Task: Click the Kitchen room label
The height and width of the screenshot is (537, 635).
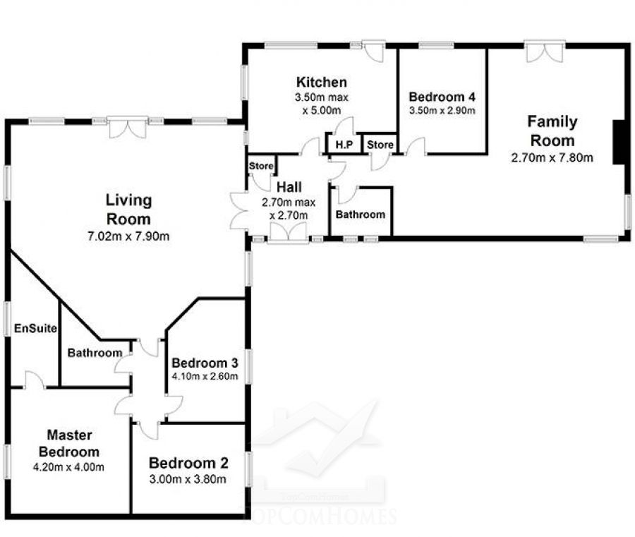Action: [322, 83]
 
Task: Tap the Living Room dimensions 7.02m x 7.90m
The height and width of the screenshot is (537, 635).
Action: [128, 236]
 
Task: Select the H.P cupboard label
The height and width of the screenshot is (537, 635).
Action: [344, 145]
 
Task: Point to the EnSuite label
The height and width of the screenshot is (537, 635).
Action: [35, 328]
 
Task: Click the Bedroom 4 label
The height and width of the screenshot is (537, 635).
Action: [442, 97]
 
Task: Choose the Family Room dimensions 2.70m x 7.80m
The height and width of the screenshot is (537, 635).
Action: [552, 157]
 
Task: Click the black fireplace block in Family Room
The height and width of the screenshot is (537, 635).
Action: [618, 142]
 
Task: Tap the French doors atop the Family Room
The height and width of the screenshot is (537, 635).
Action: [545, 52]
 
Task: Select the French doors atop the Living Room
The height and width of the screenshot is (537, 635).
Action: [128, 128]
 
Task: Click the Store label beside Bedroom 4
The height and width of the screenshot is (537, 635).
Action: [380, 145]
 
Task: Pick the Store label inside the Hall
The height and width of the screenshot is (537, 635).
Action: [261, 166]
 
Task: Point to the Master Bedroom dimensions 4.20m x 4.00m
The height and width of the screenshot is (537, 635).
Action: [68, 467]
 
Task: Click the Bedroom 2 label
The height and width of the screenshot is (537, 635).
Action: [188, 463]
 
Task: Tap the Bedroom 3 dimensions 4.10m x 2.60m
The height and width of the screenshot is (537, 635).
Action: [205, 376]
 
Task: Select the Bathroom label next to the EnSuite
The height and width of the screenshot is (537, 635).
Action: [95, 353]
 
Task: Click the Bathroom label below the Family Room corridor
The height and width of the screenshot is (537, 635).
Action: [360, 215]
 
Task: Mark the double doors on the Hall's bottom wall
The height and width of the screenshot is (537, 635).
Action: [289, 234]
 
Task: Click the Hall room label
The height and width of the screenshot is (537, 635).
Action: [289, 187]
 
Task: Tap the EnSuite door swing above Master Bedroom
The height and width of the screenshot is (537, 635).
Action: [35, 380]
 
